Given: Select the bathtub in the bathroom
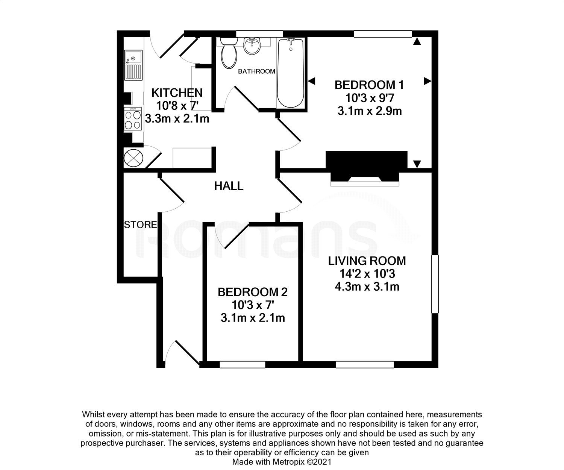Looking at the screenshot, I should pyautogui.click(x=290, y=73).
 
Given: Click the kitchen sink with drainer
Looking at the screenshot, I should pyautogui.click(x=133, y=65).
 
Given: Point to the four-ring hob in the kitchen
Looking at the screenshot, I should pyautogui.click(x=133, y=119).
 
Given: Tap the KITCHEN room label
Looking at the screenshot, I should pyautogui.click(x=177, y=92).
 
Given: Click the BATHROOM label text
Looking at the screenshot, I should pyautogui.click(x=256, y=71).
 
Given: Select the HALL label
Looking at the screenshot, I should pyautogui.click(x=229, y=186).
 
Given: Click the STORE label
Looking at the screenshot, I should pyautogui.click(x=140, y=225).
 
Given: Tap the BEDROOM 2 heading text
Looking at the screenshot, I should pyautogui.click(x=253, y=292).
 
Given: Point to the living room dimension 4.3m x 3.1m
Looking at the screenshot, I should pyautogui.click(x=367, y=287).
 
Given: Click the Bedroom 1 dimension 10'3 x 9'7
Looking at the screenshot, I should pyautogui.click(x=369, y=98).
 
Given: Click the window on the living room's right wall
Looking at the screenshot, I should pyautogui.click(x=435, y=284).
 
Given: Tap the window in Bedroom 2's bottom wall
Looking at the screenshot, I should pyautogui.click(x=242, y=364).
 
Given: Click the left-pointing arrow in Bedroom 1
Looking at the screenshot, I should pyautogui.click(x=311, y=80).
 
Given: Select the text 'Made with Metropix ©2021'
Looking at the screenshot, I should pyautogui.click(x=282, y=462).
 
